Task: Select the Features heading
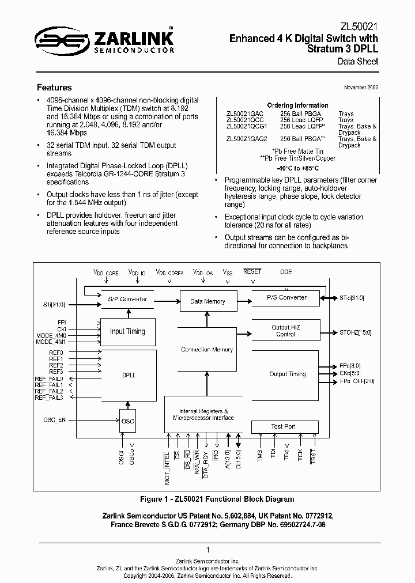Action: coord(54,88)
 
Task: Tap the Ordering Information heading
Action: coord(298,105)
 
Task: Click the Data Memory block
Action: coord(207,301)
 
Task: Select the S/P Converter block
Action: coord(128,299)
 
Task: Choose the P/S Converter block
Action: coord(286,298)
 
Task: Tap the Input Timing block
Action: coord(128,331)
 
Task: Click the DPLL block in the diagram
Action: coord(129,374)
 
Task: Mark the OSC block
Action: coord(128,421)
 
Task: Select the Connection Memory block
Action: coord(207,350)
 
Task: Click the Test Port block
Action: coord(284,426)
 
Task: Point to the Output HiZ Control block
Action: coord(285,331)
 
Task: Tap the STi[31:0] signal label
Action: coord(55,303)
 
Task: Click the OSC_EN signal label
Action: coord(55,419)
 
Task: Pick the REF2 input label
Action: coord(56,365)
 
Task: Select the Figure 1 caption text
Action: coord(217,499)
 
